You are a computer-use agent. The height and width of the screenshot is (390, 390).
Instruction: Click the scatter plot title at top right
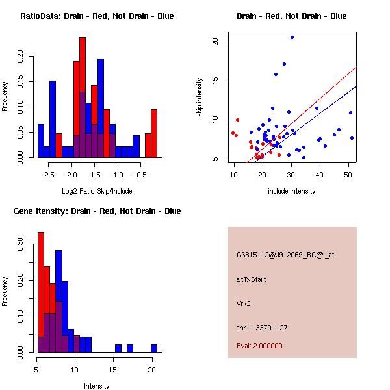pos(291,16)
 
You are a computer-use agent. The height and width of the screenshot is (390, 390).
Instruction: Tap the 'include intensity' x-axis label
pos(291,191)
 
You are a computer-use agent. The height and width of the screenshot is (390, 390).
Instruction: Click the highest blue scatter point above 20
pos(292,37)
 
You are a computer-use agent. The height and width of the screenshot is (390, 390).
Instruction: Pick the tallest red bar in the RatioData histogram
pos(83,97)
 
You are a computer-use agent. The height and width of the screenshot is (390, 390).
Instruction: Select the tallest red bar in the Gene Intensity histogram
pos(41,292)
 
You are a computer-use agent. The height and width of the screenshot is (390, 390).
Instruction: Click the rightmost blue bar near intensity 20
pos(154,348)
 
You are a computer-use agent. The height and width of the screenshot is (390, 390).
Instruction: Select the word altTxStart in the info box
pos(252,279)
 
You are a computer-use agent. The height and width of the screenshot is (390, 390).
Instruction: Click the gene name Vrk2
pos(244,303)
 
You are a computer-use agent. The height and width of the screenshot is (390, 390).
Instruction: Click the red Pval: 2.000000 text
pos(259,346)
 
